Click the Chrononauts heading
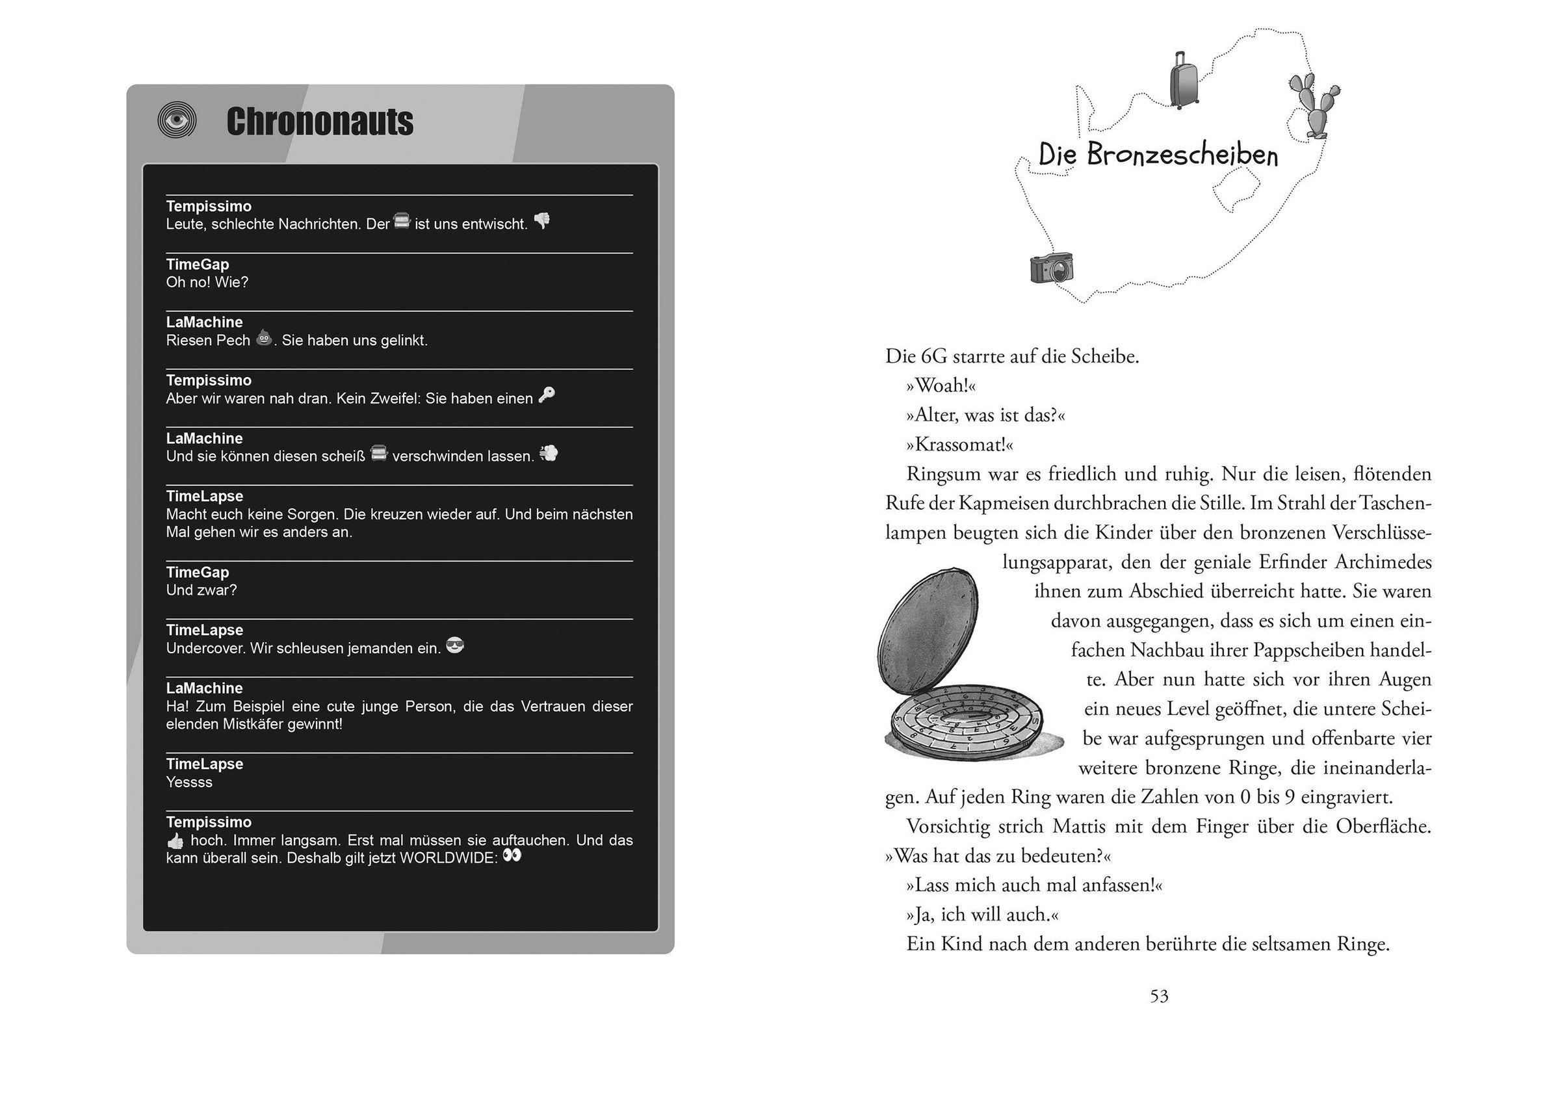pos(320,122)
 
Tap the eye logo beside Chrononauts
pos(177,121)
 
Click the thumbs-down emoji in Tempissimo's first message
pos(542,221)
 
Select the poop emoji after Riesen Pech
pos(264,337)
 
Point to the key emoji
pos(547,395)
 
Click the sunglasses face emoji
pos(454,645)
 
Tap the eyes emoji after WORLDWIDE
pos(512,855)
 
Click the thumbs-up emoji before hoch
pos(175,840)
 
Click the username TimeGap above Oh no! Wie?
pos(198,265)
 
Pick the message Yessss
pos(189,783)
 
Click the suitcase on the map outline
pos(1184,81)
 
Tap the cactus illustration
pos(1313,106)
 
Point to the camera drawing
pos(1051,268)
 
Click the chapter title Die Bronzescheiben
pos(1158,155)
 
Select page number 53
pos(1159,996)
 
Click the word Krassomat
pos(959,445)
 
